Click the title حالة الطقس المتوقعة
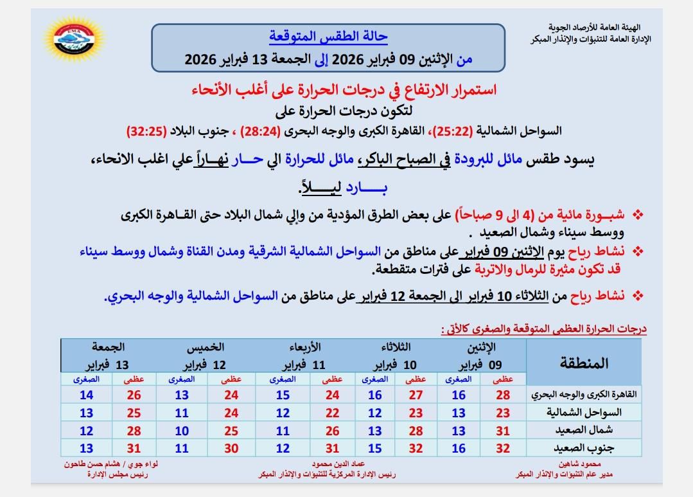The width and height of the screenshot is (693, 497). (x=328, y=36)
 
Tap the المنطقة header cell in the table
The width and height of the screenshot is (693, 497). (x=584, y=363)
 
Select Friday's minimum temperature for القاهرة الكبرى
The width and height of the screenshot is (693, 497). (x=87, y=395)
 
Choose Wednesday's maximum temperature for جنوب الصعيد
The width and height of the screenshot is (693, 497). (x=332, y=448)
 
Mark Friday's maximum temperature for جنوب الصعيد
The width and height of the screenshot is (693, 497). (x=134, y=448)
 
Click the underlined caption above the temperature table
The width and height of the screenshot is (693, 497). (x=543, y=329)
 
